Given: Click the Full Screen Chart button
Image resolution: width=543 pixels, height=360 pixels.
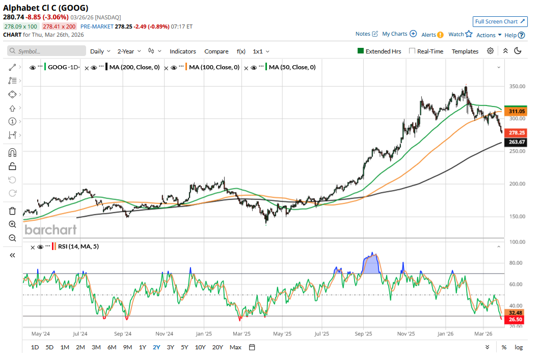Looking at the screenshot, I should pos(500,21).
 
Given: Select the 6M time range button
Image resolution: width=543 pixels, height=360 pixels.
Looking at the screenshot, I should pos(112,347).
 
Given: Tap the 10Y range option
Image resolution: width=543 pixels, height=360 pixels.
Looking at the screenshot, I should pos(200,347).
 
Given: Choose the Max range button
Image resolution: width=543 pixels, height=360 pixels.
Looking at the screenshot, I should pos(235,347).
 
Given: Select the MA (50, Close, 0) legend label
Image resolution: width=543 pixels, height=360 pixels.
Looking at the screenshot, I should pos(292,67).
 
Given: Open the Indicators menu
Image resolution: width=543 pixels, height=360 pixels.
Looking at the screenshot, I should pos(183,51).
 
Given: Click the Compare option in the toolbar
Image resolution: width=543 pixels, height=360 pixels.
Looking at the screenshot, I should pos(216,51).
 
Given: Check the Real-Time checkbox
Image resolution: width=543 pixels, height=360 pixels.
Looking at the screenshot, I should pos(413,51).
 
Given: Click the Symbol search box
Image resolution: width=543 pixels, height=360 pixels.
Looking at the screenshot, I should pos(47,51).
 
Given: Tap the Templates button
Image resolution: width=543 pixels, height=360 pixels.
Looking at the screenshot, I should pos(465,51).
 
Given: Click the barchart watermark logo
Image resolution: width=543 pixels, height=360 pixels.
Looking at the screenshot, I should pos(51,230).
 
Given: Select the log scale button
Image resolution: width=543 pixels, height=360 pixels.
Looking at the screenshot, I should pos(519,347).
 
